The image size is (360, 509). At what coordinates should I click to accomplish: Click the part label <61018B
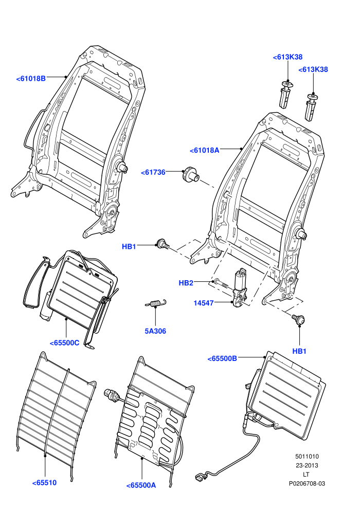coord(31,78)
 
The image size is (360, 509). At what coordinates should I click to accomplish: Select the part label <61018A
coord(205,150)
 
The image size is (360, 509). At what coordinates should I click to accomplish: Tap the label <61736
coord(153,172)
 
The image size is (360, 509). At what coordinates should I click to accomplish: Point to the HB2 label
coord(186,283)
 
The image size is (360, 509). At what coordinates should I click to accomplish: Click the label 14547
coord(204,303)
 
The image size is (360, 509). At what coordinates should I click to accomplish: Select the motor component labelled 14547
coord(240,287)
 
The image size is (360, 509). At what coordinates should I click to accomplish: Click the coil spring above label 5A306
coord(156,303)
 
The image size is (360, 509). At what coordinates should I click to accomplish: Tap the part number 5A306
coord(155,331)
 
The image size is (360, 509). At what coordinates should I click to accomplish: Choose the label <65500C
coord(65,343)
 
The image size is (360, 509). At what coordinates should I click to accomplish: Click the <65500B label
coord(222,358)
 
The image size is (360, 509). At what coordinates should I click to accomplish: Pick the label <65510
coord(44,483)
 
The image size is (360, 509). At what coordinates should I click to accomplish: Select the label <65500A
coord(141,485)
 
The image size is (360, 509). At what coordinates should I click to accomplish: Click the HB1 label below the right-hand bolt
coord(299,351)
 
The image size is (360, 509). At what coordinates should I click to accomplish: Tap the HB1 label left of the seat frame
coord(129,246)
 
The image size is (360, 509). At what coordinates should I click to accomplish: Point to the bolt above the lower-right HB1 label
coord(298,319)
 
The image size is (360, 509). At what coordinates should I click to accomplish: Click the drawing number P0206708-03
coord(307,483)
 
